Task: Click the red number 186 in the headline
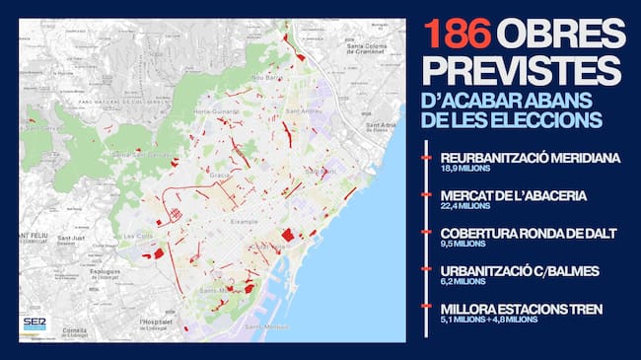457,35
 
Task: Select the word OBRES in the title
560,35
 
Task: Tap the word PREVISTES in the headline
524,71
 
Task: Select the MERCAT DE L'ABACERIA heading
513,195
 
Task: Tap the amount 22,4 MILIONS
465,206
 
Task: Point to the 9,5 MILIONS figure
463,245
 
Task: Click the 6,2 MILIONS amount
463,282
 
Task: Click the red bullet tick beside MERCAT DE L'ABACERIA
426,195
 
